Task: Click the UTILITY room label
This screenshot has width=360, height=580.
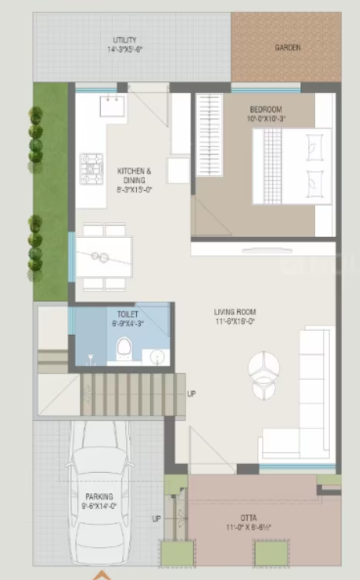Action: [x=125, y=39]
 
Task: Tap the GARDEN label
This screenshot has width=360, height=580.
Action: [x=288, y=47]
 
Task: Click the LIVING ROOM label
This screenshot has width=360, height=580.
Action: [x=235, y=312]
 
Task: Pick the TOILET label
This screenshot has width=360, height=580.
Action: [x=127, y=314]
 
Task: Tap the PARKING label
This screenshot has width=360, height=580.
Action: [x=99, y=496]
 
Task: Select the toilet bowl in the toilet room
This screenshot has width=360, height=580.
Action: [x=124, y=348]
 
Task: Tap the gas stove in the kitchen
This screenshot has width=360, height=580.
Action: [x=92, y=168]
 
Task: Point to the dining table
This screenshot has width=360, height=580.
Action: [x=103, y=256]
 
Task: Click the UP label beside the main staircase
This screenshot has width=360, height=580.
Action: [x=191, y=394]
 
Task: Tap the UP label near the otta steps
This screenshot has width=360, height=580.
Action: [x=156, y=519]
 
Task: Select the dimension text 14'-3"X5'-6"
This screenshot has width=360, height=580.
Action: [x=125, y=49]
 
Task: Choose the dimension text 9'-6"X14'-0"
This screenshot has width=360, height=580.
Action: [x=100, y=507]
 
